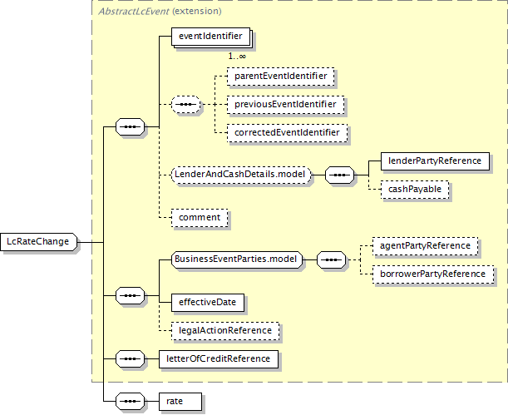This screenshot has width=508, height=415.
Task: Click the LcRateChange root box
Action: (x=39, y=242)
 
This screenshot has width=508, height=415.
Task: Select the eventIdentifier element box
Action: (x=210, y=36)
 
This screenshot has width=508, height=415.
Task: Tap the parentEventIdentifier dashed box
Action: (x=280, y=77)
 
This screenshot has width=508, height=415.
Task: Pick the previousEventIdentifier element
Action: (x=285, y=105)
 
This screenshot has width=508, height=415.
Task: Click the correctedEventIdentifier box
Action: (x=287, y=133)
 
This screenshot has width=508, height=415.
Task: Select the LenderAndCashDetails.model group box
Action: (x=241, y=175)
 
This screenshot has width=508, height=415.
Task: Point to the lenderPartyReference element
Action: (x=435, y=161)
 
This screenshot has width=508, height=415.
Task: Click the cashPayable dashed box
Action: (x=415, y=189)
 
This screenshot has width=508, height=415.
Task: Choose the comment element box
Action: (x=200, y=218)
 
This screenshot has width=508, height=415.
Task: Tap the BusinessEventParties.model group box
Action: (x=236, y=259)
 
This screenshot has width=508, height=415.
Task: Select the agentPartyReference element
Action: (x=425, y=246)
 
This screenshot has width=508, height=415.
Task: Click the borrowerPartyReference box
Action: (x=433, y=274)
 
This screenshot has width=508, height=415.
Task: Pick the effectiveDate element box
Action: (x=208, y=303)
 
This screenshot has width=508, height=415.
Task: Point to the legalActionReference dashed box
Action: (x=225, y=331)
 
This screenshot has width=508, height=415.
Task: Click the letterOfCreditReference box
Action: (x=219, y=359)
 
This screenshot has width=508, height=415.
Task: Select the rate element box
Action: (x=180, y=402)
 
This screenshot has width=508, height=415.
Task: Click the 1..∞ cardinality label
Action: (x=237, y=57)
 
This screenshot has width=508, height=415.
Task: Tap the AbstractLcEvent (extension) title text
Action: (x=160, y=12)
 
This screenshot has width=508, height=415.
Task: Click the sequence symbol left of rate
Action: (x=130, y=402)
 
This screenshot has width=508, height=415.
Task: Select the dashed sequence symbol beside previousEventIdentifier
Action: (x=185, y=105)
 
